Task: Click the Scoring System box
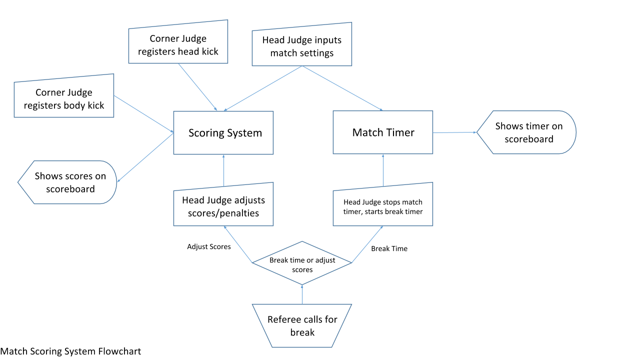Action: (223, 132)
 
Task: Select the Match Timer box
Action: (383, 132)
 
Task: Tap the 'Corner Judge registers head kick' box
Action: (178, 44)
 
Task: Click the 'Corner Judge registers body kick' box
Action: (64, 98)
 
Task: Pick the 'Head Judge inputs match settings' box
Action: (301, 47)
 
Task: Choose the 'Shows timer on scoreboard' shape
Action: (528, 132)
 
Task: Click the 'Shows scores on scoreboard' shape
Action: (69, 182)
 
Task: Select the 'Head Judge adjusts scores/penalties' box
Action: (223, 206)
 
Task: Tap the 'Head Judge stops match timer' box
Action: (383, 206)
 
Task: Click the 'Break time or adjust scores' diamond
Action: (302, 264)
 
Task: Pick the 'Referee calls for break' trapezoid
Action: (302, 325)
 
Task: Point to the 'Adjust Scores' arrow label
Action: (209, 246)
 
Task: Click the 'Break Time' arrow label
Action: (389, 248)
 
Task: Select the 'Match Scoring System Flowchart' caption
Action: (70, 351)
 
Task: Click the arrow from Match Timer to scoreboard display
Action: (454, 132)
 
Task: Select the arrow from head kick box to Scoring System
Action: (197, 87)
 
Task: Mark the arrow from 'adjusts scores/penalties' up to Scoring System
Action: (223, 172)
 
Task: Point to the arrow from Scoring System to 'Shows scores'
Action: (145, 157)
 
